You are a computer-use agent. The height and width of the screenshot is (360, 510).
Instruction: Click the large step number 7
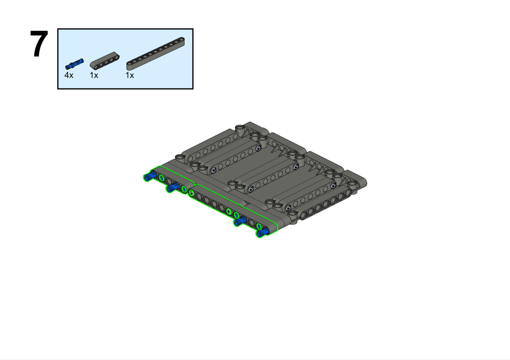point(39,44)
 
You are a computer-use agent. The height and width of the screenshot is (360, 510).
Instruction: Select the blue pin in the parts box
point(74,64)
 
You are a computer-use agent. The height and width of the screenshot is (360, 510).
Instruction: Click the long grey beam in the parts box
point(155,54)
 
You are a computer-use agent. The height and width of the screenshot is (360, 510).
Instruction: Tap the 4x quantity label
point(69,75)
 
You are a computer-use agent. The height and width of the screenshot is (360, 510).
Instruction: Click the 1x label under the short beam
point(94,75)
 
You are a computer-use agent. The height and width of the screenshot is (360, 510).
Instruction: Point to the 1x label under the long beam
point(130,75)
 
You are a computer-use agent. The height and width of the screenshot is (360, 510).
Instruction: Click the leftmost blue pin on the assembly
point(149,176)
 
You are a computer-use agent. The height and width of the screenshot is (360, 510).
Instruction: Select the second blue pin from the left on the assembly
point(172,187)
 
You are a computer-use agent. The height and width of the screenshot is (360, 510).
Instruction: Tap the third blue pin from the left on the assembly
point(240,221)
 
